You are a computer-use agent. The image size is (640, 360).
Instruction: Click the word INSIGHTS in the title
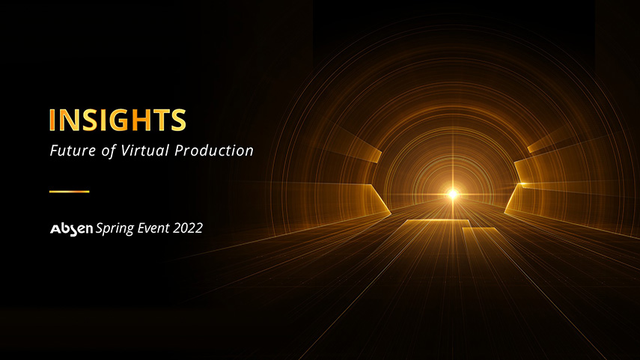[118, 120]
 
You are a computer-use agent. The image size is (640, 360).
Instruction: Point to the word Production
[214, 150]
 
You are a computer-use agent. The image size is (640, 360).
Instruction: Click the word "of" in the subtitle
[109, 151]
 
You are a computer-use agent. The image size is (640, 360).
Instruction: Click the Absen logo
[71, 229]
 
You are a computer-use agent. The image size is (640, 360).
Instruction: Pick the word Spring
[115, 228]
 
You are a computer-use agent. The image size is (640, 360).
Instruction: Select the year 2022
[188, 228]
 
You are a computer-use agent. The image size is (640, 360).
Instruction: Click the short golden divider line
[70, 191]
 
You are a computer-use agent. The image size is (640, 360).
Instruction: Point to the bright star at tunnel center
[452, 195]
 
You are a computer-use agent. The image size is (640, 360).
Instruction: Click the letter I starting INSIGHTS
[52, 120]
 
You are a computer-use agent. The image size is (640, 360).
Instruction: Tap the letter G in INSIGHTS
[118, 120]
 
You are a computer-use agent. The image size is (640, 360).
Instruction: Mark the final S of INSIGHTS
[178, 120]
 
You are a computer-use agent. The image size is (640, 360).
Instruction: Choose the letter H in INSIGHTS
[141, 120]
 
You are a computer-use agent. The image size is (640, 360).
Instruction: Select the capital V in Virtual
[125, 150]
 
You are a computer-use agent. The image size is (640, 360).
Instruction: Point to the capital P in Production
[180, 150]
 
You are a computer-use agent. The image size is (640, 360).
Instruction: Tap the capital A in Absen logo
[55, 229]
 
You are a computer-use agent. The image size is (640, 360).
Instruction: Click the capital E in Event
[141, 228]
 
